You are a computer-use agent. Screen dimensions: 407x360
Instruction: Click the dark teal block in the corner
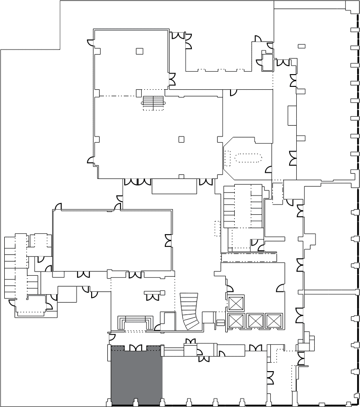point(29,24)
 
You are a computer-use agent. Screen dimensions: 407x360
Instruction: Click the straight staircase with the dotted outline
point(153,103)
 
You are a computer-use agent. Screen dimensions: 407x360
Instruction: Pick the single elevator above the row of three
point(235,303)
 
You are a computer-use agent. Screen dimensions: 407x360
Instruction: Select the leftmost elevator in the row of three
point(235,321)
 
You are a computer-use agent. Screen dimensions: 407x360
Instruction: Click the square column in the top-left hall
point(139,51)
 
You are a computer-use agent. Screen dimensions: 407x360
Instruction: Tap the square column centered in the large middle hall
point(181,139)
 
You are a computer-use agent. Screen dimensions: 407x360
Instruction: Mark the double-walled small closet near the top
point(267,62)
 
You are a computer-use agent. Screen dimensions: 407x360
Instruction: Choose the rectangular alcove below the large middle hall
point(174,187)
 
